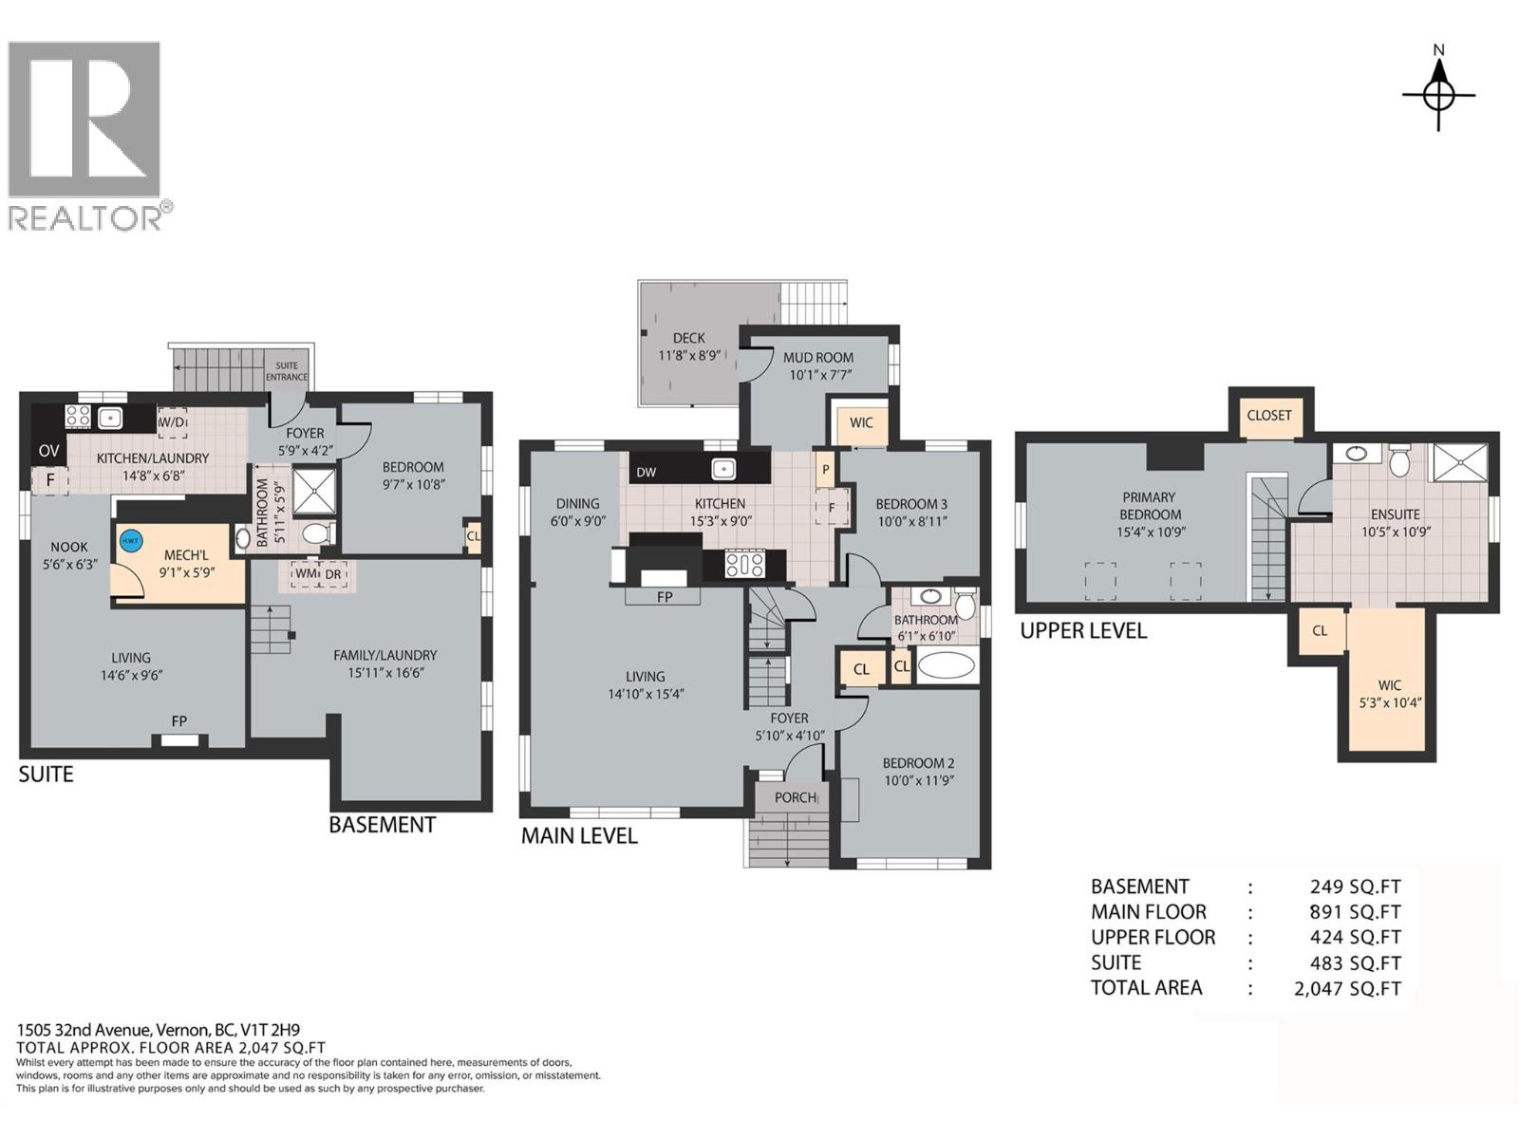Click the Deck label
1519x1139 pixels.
coord(688,338)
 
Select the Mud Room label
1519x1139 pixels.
coord(817,358)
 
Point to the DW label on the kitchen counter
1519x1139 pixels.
coord(646,472)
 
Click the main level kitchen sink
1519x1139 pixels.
coord(724,468)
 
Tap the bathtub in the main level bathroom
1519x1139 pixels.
coord(947,665)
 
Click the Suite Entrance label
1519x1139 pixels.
coord(287,371)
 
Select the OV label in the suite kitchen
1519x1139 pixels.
coord(48,451)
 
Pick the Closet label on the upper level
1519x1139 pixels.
coord(1269,415)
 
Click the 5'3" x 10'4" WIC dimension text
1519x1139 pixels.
coord(1390,703)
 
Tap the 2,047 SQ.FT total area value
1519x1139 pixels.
coord(1347,988)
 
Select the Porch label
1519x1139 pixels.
coord(795,797)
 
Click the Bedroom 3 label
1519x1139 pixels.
coord(911,504)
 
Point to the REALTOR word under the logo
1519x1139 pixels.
coord(85,218)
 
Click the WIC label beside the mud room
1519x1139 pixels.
coord(861,422)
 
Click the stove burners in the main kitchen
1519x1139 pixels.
coord(745,565)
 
